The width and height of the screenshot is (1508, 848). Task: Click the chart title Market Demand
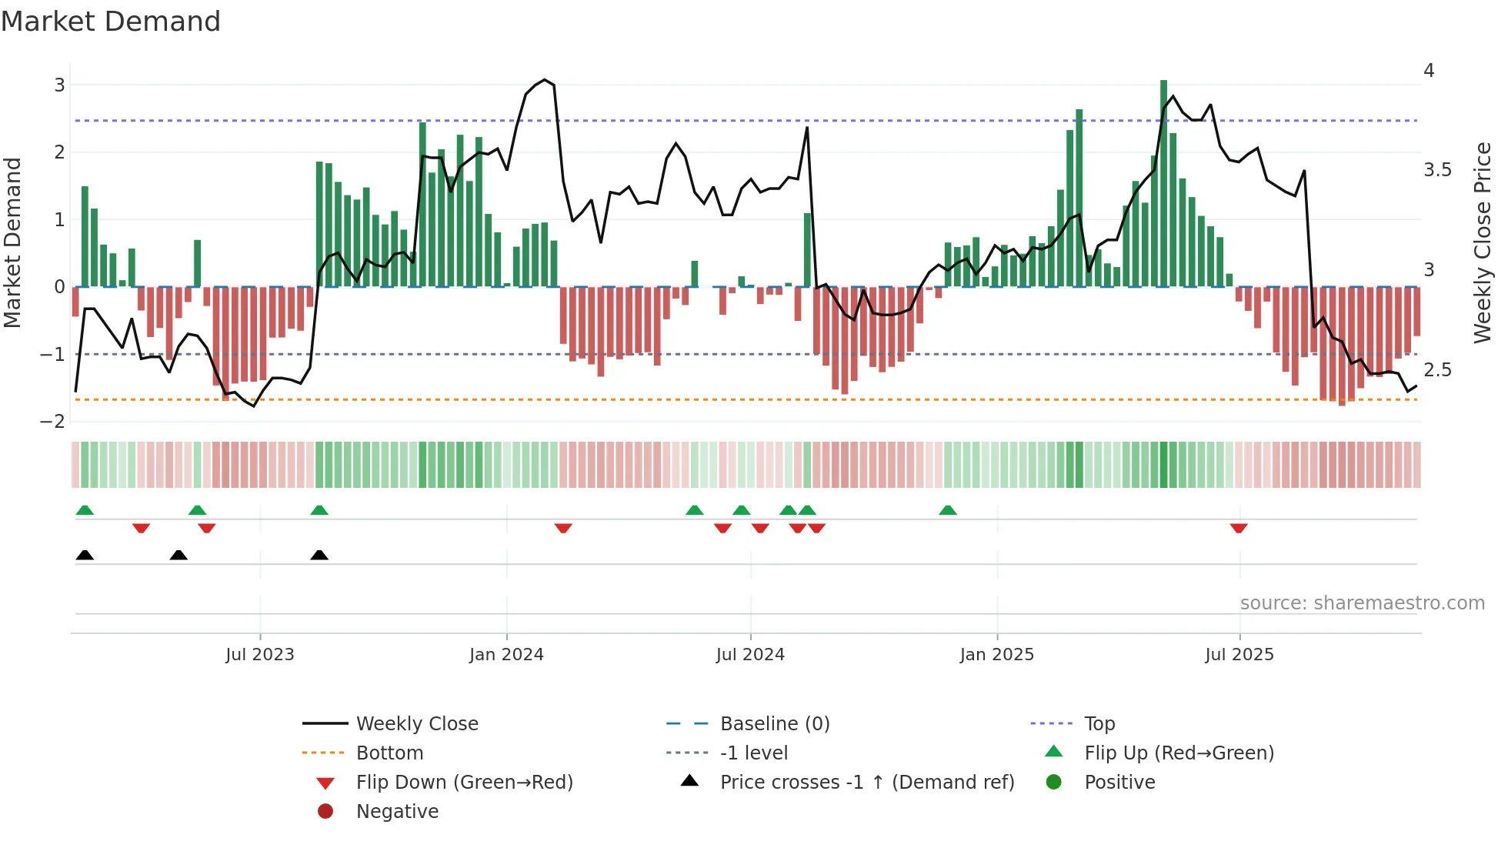(111, 22)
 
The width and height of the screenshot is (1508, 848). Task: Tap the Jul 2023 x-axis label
(259, 655)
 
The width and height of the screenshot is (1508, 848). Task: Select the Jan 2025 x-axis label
(996, 655)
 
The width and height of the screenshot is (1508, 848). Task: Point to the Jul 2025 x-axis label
(1239, 655)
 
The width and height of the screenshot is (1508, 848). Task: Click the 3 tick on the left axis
(59, 85)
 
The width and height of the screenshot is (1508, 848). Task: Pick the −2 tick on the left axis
(53, 422)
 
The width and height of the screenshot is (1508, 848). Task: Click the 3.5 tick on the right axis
(1437, 170)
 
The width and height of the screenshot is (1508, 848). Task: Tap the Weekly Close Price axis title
(1482, 242)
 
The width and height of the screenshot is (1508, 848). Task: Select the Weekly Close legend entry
(416, 724)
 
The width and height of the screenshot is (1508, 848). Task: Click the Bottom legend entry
(389, 753)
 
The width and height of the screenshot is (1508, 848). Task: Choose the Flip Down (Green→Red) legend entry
(464, 783)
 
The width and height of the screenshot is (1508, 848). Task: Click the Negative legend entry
(397, 812)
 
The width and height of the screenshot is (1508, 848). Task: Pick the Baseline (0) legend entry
(774, 724)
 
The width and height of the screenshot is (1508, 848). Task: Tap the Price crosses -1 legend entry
(866, 783)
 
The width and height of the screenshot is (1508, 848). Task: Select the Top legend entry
(1099, 724)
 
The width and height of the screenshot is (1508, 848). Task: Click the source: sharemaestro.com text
(1362, 603)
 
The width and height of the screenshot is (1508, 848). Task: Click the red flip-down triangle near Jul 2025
(1238, 528)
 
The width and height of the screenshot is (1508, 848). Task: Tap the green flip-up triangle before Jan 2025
(948, 510)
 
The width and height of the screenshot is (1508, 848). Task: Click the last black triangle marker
(319, 555)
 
